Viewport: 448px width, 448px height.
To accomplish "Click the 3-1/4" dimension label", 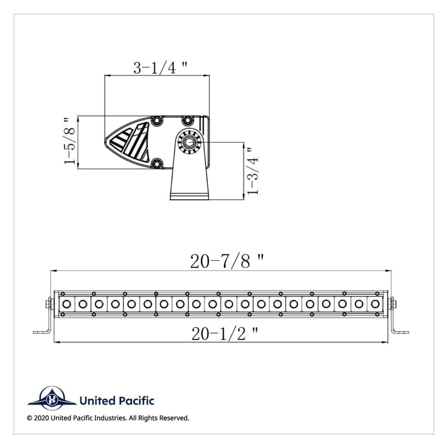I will pos(160,68).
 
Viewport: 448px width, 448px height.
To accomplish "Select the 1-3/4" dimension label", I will pos(252,170).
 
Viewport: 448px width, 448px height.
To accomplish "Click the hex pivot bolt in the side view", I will pos(190,142).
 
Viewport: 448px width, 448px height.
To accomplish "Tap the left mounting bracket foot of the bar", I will pos(41,332).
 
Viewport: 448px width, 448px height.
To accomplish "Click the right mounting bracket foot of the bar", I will pos(401,332).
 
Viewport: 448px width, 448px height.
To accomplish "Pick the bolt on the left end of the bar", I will pos(49,304).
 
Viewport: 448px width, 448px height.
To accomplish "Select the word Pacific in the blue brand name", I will pos(136,401).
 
